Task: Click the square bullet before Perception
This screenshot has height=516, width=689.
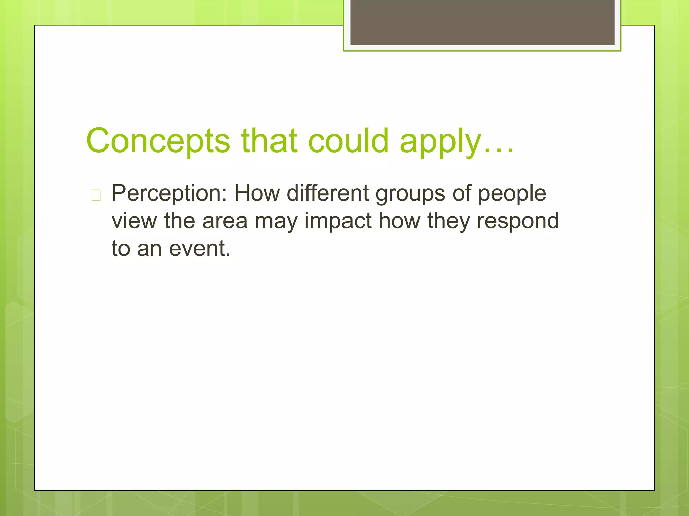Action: [96, 195]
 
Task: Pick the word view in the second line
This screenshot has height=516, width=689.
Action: [134, 221]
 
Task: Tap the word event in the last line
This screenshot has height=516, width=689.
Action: [199, 249]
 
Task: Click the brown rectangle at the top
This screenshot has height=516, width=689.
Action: [482, 23]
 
